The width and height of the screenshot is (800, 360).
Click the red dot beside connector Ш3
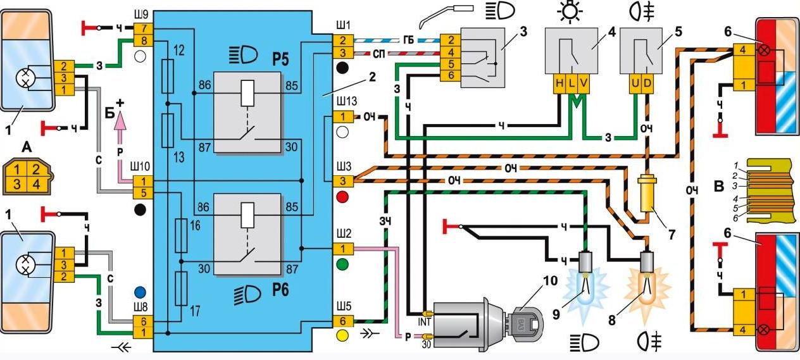click(x=342, y=198)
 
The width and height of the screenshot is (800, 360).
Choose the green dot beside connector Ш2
click(x=342, y=263)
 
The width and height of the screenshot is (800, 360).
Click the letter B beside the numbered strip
click(x=718, y=187)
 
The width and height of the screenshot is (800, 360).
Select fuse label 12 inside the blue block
click(x=179, y=49)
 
